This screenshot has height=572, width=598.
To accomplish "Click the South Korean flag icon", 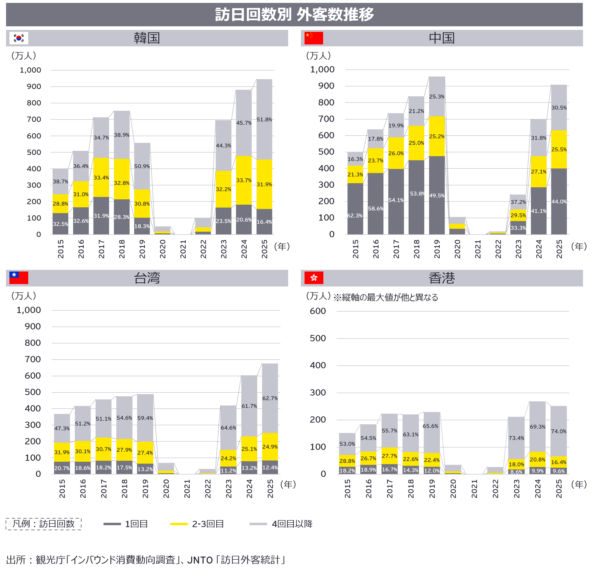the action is tap(19, 38).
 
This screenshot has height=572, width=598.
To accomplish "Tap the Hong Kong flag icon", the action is tap(314, 278).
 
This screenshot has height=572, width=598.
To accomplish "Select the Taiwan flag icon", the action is tap(19, 278).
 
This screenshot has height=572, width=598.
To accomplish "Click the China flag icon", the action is tap(314, 38).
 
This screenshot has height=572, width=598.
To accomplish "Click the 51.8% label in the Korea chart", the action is tap(264, 119).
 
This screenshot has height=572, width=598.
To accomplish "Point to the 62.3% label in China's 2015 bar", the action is tap(355, 216).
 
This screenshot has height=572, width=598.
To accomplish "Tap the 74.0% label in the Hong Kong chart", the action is tap(558, 431).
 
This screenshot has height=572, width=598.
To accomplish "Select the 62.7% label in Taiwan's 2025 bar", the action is tap(270, 398).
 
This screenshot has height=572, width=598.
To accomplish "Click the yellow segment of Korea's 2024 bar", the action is tap(243, 180).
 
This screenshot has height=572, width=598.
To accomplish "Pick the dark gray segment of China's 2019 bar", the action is tap(437, 195).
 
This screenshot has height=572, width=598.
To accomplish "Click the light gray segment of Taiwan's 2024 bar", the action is tap(249, 406).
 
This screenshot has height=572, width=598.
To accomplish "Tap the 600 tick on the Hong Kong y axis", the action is tap(318, 311).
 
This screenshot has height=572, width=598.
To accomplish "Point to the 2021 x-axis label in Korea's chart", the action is tap(183, 249).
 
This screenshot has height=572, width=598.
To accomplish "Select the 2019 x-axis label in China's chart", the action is tap(437, 249).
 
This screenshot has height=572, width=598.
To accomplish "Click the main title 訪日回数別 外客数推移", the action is tap(294, 14).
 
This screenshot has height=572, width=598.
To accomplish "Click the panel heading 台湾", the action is tap(147, 278).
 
